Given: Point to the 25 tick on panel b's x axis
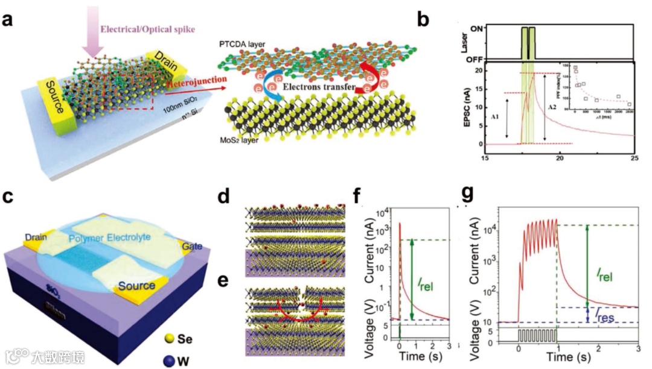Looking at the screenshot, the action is coord(633,158).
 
